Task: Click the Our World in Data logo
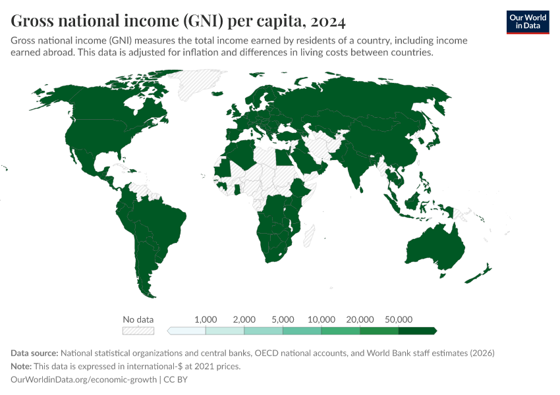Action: [527, 22]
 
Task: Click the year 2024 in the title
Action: [324, 22]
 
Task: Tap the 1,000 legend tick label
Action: [206, 319]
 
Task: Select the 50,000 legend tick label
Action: [399, 319]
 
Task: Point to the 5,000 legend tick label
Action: [283, 319]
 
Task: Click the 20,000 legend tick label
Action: [360, 319]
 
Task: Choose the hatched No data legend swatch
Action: [138, 330]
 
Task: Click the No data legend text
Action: [138, 319]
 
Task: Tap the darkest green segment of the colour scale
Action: [417, 330]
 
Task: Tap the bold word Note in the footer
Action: [22, 366]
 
